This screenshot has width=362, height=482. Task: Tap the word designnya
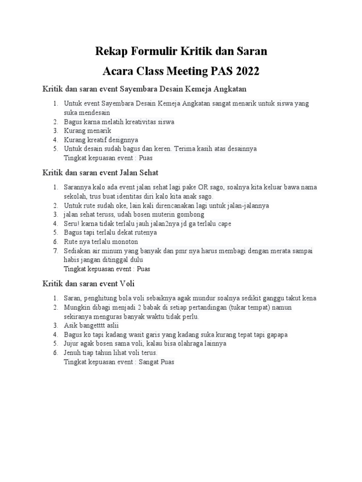122,139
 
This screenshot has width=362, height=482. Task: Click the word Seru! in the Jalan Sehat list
72,223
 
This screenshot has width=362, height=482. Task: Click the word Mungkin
77,307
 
